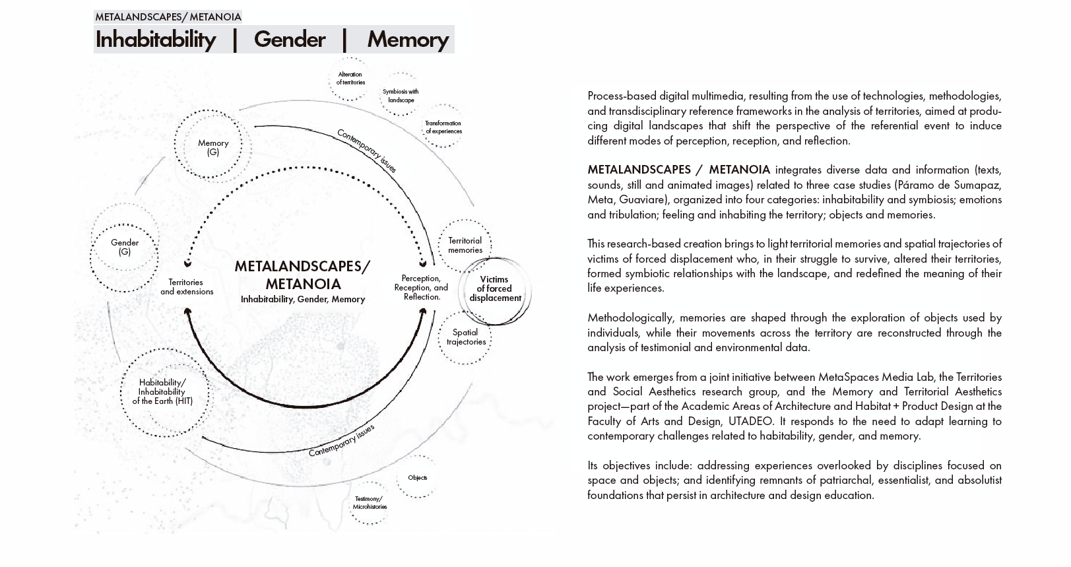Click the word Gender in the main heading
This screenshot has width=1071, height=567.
(x=289, y=40)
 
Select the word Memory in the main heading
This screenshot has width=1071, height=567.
(x=407, y=40)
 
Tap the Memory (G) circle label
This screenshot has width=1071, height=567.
(x=212, y=147)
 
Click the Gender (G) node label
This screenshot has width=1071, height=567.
(x=125, y=247)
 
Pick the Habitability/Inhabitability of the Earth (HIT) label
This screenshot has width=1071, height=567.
(x=162, y=391)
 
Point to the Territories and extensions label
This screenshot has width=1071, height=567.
(x=187, y=286)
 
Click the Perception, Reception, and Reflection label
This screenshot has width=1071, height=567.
(x=421, y=287)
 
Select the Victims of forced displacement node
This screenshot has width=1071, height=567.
(x=495, y=288)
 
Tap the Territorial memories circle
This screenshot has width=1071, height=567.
(x=465, y=245)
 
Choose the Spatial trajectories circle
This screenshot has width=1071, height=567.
(x=466, y=337)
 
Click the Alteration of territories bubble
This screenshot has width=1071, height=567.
(x=350, y=79)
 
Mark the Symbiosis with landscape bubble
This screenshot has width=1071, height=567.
(x=401, y=96)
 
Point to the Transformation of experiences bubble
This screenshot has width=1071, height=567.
(x=443, y=127)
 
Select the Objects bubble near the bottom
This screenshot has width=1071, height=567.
(x=417, y=477)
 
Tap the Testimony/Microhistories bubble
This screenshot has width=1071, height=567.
(x=370, y=502)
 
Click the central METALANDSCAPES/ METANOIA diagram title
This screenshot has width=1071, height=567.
(x=303, y=275)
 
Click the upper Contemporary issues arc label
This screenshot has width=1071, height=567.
(x=367, y=150)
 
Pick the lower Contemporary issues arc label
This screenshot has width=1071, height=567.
(x=341, y=440)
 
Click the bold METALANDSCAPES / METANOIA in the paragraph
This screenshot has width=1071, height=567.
(x=678, y=170)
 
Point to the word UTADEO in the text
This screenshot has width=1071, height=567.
(x=750, y=421)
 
